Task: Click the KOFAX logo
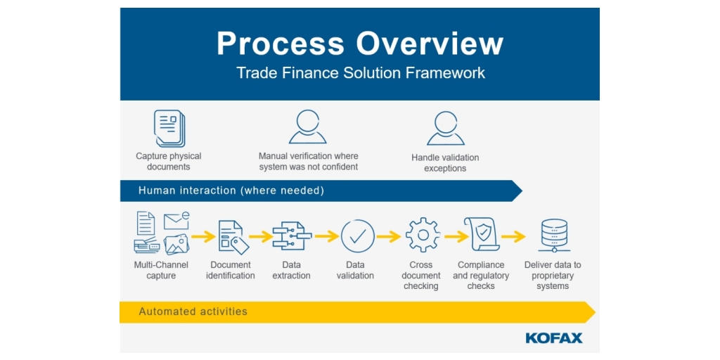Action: point(554,338)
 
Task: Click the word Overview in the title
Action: point(430,44)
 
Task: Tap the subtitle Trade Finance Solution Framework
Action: point(360,73)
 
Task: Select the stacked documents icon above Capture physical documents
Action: point(169,129)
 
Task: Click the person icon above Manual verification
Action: point(308,127)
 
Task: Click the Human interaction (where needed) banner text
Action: point(231,191)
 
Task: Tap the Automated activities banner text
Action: point(193,311)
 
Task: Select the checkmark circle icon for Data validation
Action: point(357,236)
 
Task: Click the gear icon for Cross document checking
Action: point(423,236)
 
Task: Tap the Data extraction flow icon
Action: point(291,237)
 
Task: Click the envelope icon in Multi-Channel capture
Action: point(176,220)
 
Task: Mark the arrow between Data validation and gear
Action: point(389,237)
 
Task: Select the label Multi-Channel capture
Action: point(161,270)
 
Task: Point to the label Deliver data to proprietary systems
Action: point(553,276)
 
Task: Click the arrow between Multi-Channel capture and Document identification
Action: point(203,237)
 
